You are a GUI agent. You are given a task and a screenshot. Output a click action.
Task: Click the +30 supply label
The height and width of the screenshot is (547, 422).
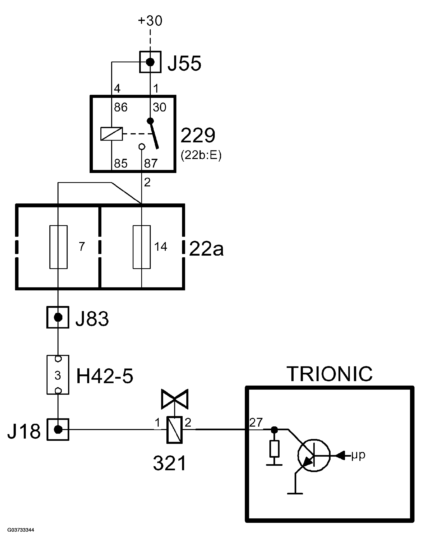click(150, 21)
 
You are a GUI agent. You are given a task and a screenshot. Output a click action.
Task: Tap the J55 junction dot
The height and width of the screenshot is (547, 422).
click(150, 62)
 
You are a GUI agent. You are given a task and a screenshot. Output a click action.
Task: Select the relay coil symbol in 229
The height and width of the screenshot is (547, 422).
click(112, 134)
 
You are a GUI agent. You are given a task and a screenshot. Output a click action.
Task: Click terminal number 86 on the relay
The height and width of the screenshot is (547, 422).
click(121, 107)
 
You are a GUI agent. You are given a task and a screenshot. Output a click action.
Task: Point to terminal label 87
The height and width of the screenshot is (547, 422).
click(151, 163)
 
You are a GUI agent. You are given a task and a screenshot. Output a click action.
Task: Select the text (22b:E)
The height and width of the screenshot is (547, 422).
click(201, 156)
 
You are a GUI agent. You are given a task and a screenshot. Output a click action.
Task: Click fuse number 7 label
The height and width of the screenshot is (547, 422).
click(82, 247)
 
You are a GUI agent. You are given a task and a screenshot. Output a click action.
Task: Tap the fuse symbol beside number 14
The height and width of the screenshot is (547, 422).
click(142, 247)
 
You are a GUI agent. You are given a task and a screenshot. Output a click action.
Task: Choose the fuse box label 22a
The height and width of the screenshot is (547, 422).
click(206, 249)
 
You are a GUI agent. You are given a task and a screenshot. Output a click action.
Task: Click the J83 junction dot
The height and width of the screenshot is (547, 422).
click(58, 317)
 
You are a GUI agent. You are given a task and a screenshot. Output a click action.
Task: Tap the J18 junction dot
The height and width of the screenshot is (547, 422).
click(58, 429)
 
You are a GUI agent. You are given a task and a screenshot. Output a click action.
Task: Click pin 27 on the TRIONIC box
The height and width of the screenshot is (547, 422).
click(256, 423)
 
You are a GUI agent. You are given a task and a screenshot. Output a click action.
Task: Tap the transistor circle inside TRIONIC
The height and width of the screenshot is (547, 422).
click(314, 456)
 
